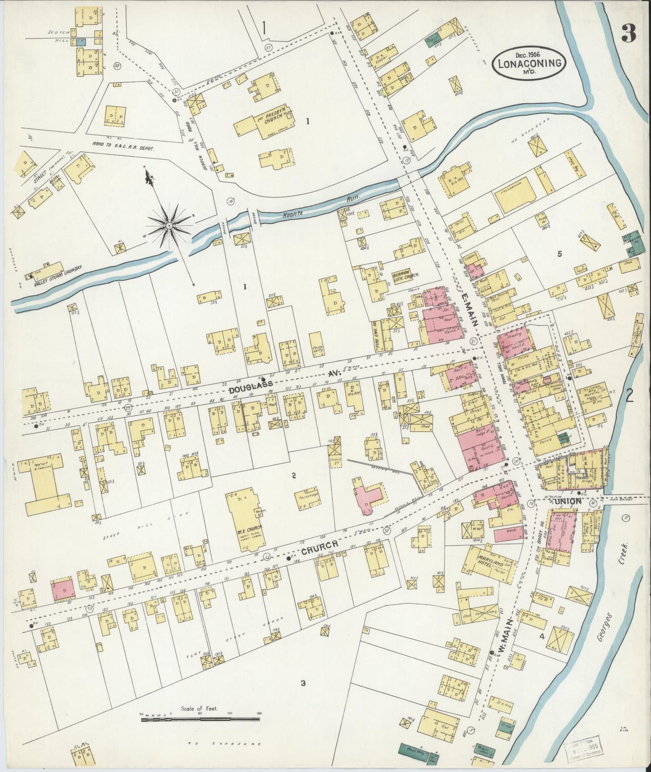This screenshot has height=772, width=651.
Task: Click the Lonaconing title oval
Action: click(x=530, y=63)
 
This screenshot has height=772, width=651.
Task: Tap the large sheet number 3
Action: click(x=628, y=32)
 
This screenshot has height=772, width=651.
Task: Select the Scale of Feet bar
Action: click(x=200, y=720)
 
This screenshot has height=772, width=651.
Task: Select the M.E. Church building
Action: click(x=246, y=518)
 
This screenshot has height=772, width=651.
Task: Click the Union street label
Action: click(x=569, y=501)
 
